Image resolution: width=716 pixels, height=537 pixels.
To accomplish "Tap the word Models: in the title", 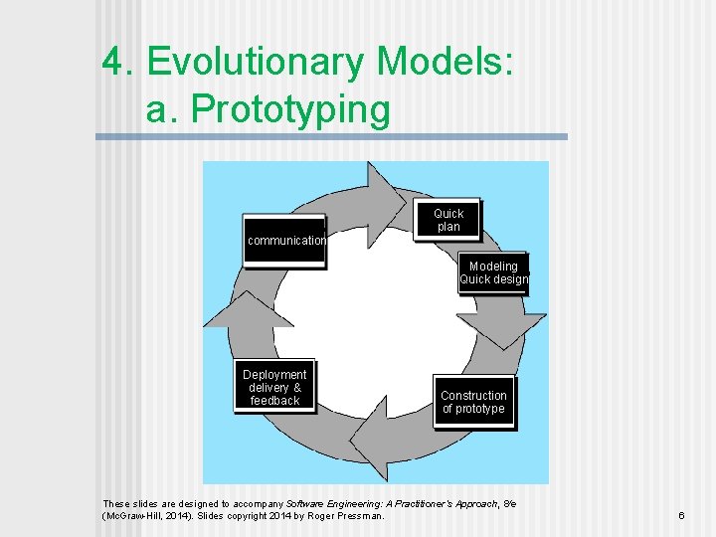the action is click(x=446, y=63).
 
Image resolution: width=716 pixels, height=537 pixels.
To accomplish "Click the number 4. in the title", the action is click(x=118, y=63).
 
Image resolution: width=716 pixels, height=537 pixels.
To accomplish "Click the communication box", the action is click(x=285, y=240).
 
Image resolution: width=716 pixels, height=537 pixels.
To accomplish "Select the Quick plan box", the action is click(x=448, y=220).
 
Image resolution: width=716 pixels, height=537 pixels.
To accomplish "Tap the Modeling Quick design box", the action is click(x=493, y=273).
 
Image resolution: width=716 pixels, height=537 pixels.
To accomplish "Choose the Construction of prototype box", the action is click(x=473, y=402).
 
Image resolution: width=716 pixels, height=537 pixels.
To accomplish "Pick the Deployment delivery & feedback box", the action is click(x=274, y=387).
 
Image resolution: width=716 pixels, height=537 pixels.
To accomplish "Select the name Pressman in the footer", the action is click(x=357, y=516).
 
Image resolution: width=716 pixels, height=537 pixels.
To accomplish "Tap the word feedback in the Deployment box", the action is click(x=274, y=401).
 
